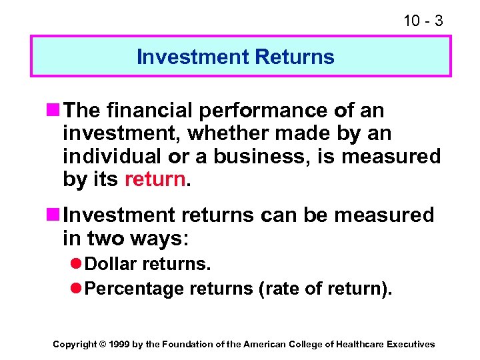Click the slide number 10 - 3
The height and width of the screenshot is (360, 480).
pos(423,21)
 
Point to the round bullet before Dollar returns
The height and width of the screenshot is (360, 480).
pos(77,264)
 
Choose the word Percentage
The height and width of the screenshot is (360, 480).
pos(135,289)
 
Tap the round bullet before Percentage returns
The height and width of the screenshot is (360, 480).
pos(77,289)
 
